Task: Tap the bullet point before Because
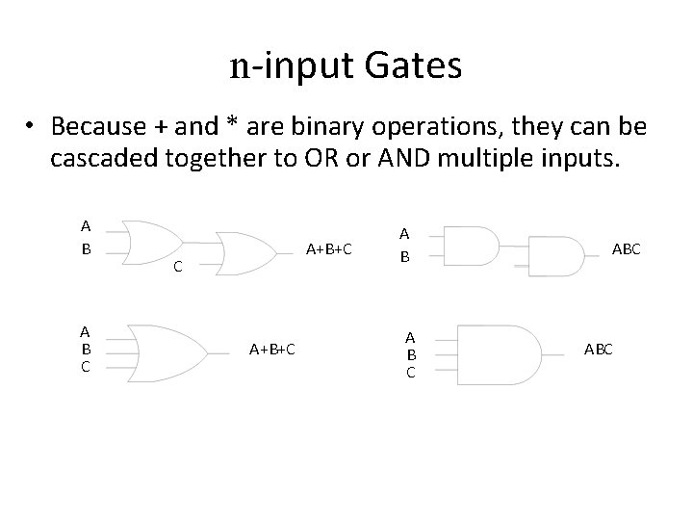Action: pyautogui.click(x=32, y=127)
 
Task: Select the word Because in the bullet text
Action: pyautogui.click(x=97, y=126)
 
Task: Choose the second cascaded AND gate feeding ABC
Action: pyautogui.click(x=557, y=256)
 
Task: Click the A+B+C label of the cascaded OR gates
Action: pyautogui.click(x=328, y=248)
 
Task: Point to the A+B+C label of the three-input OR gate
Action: pyautogui.click(x=272, y=349)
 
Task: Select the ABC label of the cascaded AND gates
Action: pyautogui.click(x=627, y=247)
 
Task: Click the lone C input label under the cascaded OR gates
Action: pyautogui.click(x=177, y=269)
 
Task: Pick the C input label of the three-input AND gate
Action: pyautogui.click(x=411, y=371)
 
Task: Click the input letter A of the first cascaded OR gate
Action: pyautogui.click(x=86, y=227)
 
